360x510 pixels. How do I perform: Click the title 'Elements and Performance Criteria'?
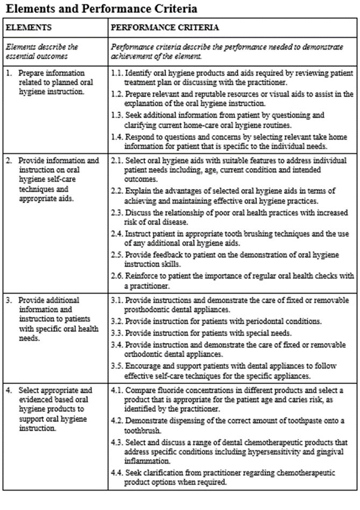pos(101,9)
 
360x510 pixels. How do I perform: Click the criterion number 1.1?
pos(117,72)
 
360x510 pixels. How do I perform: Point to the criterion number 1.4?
pos(117,136)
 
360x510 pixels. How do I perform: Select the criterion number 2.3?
pos(117,213)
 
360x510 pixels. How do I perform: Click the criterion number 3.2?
pos(117,322)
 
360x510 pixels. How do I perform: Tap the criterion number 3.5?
pos(117,366)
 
